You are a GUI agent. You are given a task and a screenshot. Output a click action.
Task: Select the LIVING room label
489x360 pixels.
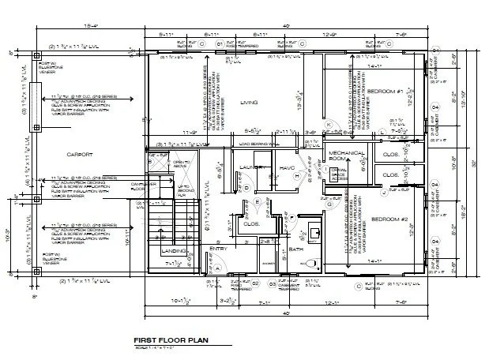tap(250, 102)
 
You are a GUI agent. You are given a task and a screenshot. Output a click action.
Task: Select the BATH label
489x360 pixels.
tap(296, 249)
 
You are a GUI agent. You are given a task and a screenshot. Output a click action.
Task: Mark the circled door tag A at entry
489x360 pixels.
tap(216, 268)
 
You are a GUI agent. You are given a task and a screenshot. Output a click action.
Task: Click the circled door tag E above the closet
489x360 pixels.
tap(258, 203)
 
